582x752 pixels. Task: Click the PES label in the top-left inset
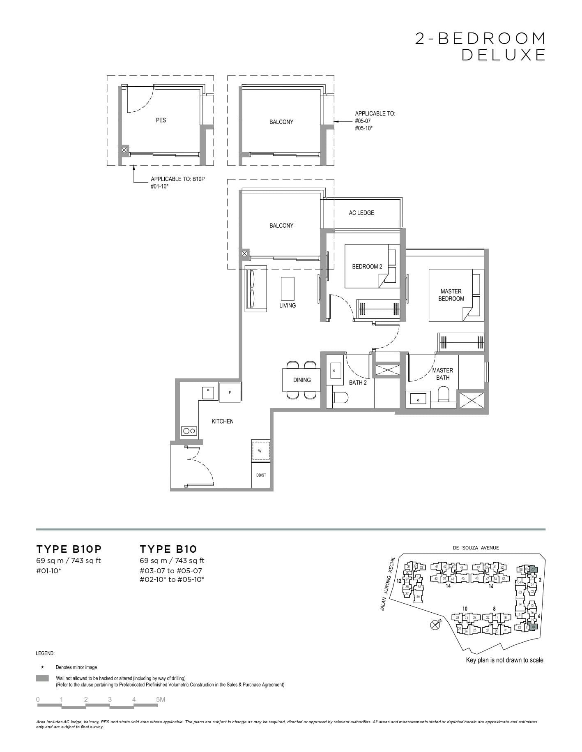point(161,120)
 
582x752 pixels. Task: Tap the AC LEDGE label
point(361,212)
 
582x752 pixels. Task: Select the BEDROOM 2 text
point(367,266)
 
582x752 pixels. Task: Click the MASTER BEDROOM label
point(451,295)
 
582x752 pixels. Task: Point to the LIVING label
point(288,305)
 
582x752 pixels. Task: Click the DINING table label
point(302,380)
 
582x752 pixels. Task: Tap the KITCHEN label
point(223,421)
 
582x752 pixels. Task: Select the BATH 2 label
point(358,383)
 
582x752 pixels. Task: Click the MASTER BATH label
point(443,374)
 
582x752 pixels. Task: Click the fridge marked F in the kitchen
point(230,392)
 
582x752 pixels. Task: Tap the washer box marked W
point(260,451)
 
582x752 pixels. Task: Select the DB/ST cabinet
point(261,475)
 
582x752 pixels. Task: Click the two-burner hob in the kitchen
point(189,431)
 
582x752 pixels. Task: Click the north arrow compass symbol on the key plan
point(435,625)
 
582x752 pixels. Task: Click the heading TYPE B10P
point(69,549)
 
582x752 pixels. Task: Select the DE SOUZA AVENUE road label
point(476,548)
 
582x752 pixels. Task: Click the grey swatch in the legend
point(42,678)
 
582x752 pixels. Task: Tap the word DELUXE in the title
point(504,55)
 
